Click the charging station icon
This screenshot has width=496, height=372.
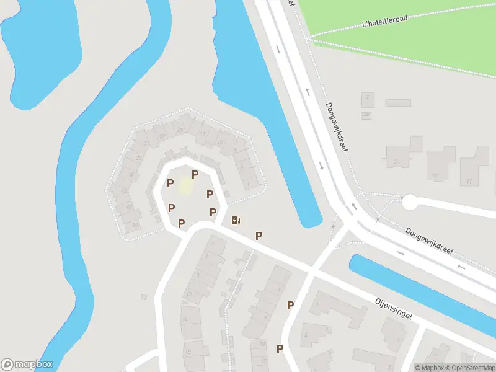pyautogui.click(x=236, y=220)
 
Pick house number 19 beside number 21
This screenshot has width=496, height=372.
pyautogui.click(x=435, y=176)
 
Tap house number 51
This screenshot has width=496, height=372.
pyautogui.click(x=135, y=224)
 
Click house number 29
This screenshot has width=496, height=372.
pyautogui.click(x=180, y=129)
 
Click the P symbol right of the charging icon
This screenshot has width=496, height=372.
pyautogui.click(x=259, y=236)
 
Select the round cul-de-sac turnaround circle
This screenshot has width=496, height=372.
pyautogui.click(x=410, y=202)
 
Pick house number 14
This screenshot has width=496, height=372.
pyautogui.click(x=184, y=319)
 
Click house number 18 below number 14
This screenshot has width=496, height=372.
pyautogui.click(x=188, y=352)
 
